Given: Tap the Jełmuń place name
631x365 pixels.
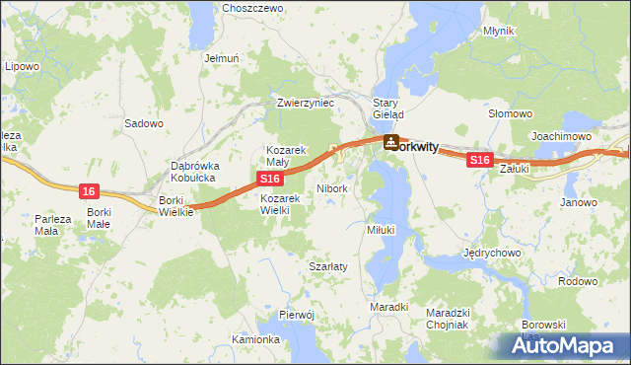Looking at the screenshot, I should pyautogui.click(x=222, y=58).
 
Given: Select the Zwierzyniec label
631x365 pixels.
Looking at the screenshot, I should pyautogui.click(x=306, y=103).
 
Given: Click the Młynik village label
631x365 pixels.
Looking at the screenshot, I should pyautogui.click(x=499, y=31).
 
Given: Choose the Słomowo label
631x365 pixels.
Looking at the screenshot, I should pyautogui.click(x=511, y=113).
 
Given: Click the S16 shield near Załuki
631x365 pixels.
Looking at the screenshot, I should pyautogui.click(x=479, y=159).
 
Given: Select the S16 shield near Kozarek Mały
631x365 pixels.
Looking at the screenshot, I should pyautogui.click(x=272, y=178).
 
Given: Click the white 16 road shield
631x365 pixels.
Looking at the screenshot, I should pyautogui.click(x=90, y=190).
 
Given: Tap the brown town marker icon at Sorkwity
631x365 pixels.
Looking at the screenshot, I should pyautogui.click(x=391, y=144).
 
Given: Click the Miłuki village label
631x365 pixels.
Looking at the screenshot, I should pyautogui.click(x=381, y=229).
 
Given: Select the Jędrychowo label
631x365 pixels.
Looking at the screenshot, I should pyautogui.click(x=491, y=253).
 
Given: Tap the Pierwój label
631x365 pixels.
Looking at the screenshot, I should pyautogui.click(x=296, y=314).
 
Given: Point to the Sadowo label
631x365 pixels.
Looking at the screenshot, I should pyautogui.click(x=145, y=124).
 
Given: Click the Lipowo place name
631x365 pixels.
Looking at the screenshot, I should pyautogui.click(x=22, y=67).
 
